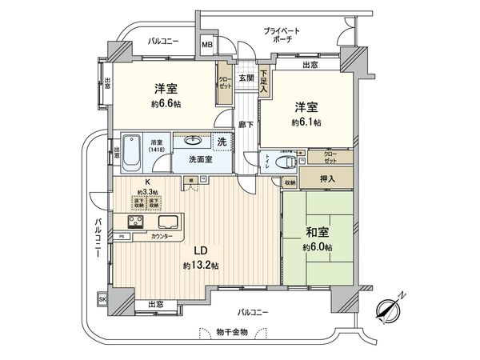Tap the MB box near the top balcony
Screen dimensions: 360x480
pos(206,46)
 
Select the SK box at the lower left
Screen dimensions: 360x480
pos(102,299)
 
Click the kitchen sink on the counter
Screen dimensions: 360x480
pos(170,222)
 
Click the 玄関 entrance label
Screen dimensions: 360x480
pos(246,78)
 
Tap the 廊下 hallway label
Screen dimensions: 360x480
pos(246,125)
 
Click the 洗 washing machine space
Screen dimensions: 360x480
pos(222,142)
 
